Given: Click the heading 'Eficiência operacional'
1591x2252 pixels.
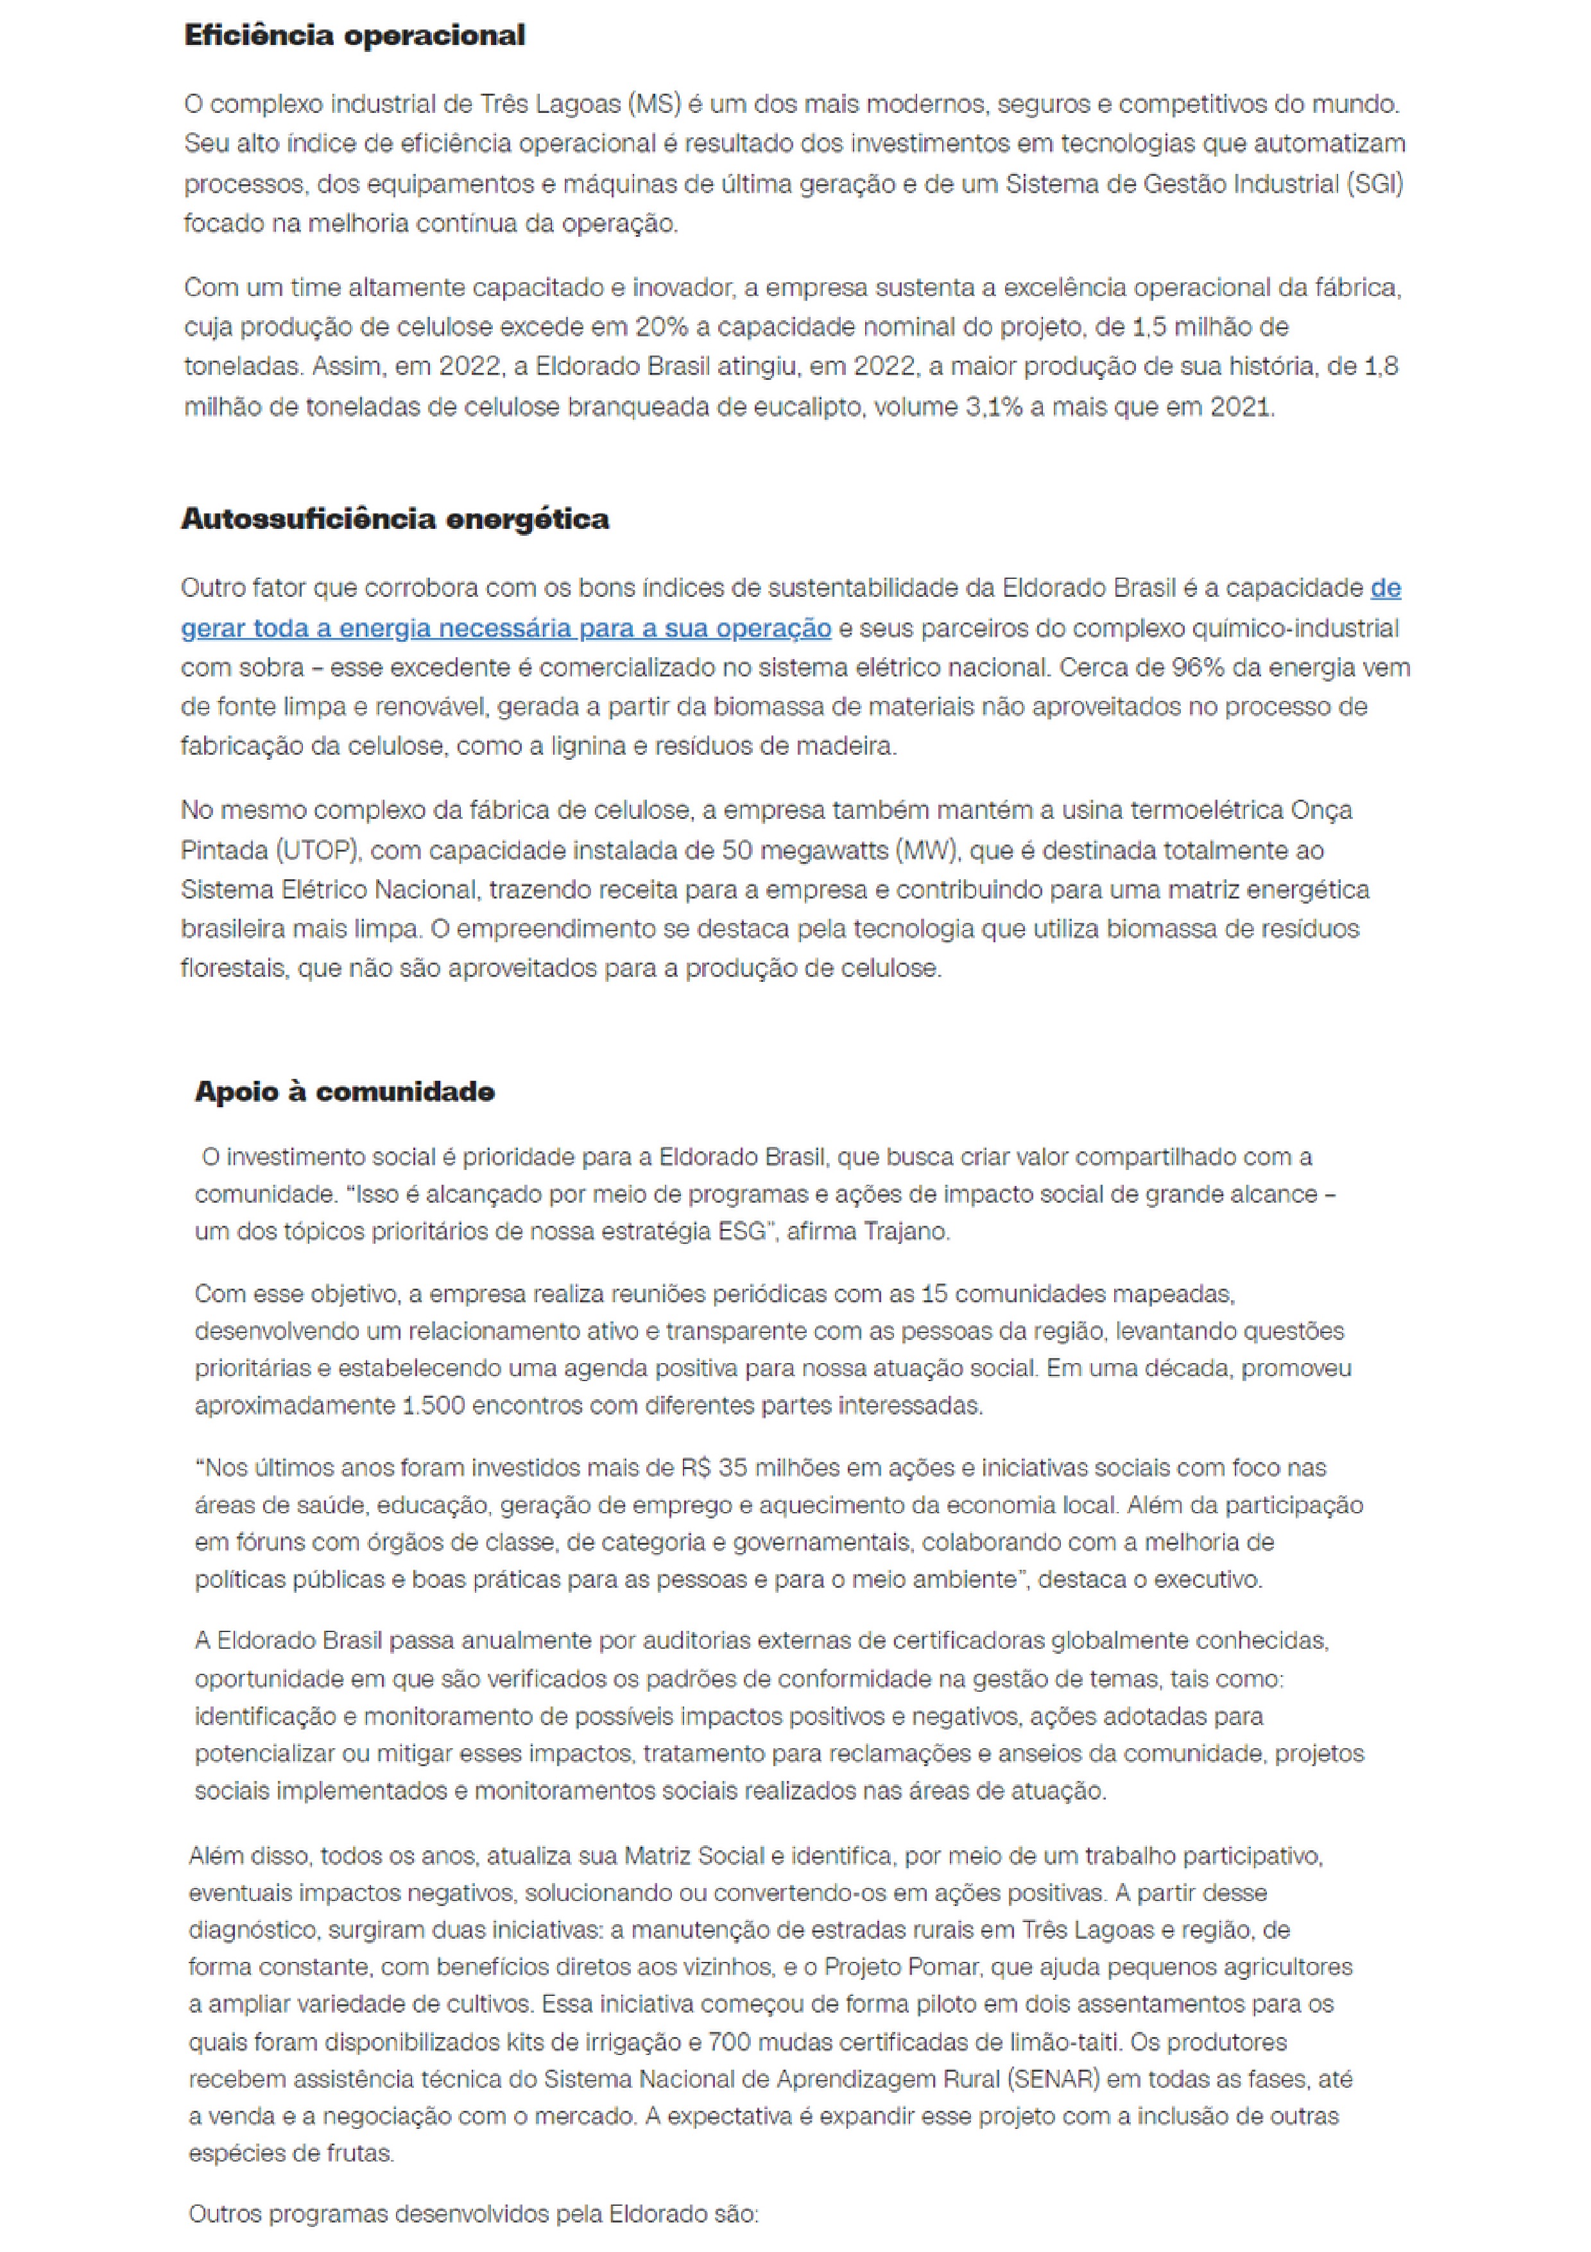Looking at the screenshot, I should (x=354, y=37).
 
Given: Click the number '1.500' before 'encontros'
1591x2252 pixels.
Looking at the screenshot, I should (x=434, y=1405).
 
